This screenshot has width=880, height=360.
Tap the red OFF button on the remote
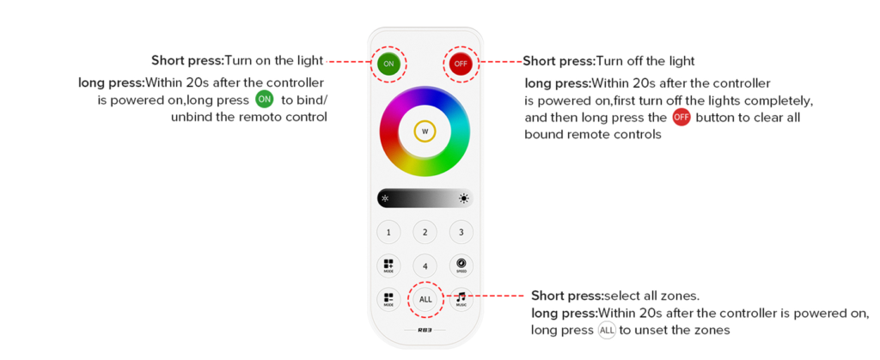(461, 64)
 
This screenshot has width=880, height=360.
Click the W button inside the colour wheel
(425, 131)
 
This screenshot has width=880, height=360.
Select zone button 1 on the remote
(389, 232)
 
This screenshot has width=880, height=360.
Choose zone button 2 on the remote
(425, 232)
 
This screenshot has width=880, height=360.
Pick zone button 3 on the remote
(461, 232)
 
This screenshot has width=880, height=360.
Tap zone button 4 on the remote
(425, 265)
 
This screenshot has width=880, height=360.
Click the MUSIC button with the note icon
(461, 299)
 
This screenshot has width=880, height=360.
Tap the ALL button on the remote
(425, 300)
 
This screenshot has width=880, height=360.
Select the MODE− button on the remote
(389, 299)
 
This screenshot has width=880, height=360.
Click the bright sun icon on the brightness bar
(463, 198)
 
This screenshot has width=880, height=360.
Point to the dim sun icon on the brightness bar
(386, 198)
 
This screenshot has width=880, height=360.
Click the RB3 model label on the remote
(425, 330)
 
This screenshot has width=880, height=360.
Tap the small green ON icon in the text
(265, 101)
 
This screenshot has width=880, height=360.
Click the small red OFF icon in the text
(681, 119)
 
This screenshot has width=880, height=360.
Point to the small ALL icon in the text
(608, 330)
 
